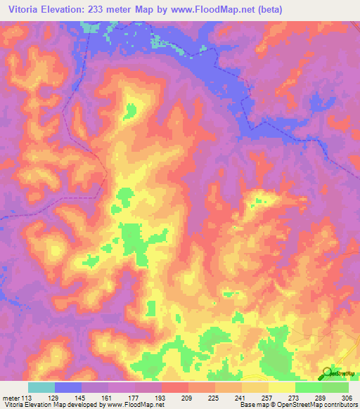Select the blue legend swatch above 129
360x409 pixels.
(67, 387)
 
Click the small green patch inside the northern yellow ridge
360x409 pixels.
(131, 110)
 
